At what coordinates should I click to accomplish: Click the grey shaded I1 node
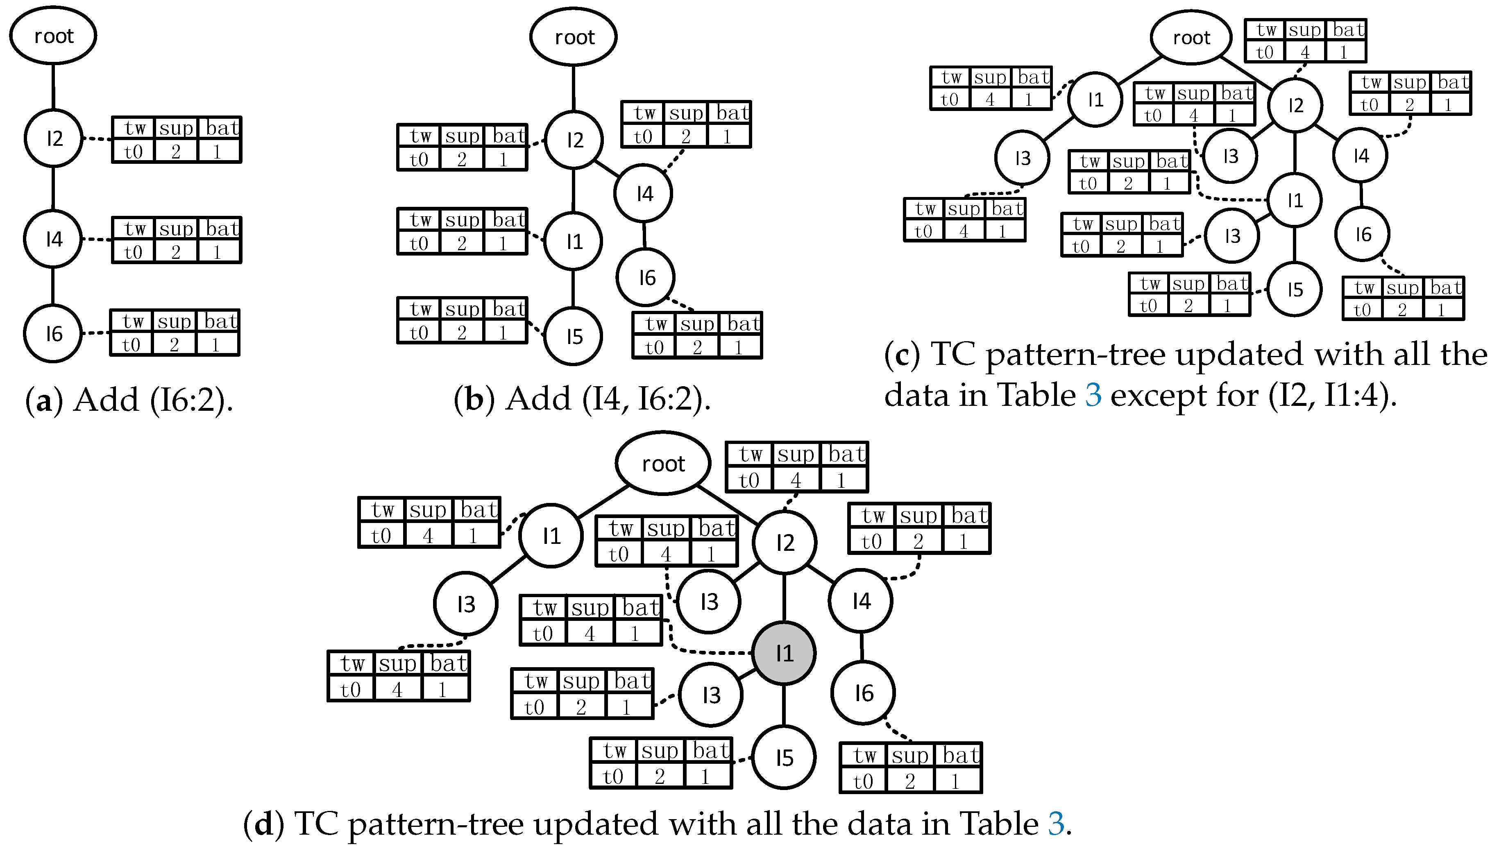(x=784, y=653)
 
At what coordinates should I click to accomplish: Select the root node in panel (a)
(x=53, y=36)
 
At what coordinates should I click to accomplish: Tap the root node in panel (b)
(x=574, y=37)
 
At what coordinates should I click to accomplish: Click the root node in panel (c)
(x=1191, y=38)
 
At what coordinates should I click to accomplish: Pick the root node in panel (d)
(x=663, y=464)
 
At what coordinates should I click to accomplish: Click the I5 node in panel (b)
(x=574, y=337)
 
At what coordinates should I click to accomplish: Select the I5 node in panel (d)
(x=784, y=757)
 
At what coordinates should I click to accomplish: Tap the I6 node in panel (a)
(x=53, y=333)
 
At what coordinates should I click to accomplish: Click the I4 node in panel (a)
(x=53, y=239)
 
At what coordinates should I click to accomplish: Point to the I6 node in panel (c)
(x=1363, y=234)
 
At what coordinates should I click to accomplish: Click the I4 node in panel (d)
(x=861, y=600)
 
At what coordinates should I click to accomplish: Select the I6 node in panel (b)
(x=646, y=278)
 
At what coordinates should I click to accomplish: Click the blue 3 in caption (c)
(x=1093, y=395)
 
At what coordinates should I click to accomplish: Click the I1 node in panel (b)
(x=574, y=241)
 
